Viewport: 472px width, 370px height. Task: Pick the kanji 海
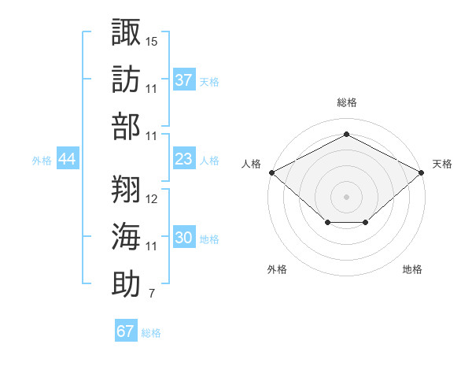tap(126, 237)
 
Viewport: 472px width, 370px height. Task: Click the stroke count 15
tap(152, 39)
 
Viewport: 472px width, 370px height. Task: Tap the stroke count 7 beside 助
tap(151, 294)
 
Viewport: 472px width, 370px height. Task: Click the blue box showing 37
tap(183, 80)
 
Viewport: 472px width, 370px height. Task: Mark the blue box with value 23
tap(183, 160)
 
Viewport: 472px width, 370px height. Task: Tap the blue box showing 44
tap(67, 160)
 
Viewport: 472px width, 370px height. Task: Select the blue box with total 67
tap(125, 331)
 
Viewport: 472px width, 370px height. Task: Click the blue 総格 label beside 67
tap(151, 333)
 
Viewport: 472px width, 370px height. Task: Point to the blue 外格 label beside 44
tap(42, 161)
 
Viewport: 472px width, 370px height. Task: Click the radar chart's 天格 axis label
tap(442, 164)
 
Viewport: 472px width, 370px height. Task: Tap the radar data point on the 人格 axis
tap(271, 172)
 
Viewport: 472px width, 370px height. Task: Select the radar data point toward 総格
tap(346, 134)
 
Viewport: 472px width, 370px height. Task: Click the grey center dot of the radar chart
tap(346, 196)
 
